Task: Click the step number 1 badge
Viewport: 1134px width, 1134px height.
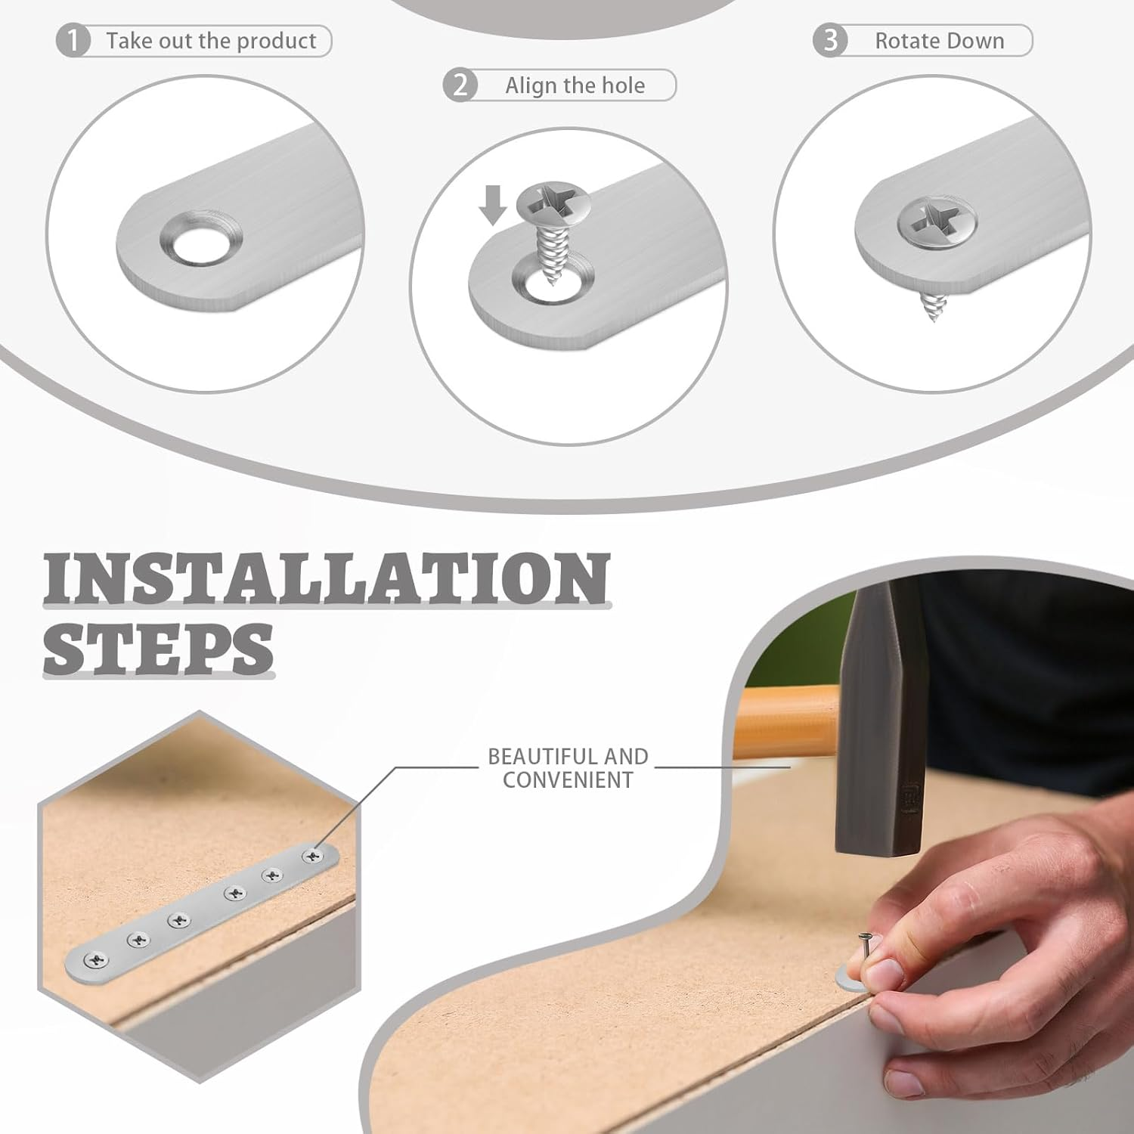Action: pyautogui.click(x=73, y=41)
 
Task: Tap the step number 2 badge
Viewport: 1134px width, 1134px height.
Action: pyautogui.click(x=460, y=85)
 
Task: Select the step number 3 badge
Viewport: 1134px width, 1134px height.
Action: pyautogui.click(x=830, y=40)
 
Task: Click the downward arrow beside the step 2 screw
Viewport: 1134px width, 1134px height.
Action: pyautogui.click(x=493, y=205)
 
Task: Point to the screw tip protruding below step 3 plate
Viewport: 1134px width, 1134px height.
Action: pyautogui.click(x=932, y=305)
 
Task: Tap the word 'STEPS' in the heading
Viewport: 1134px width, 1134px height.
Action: pyautogui.click(x=158, y=649)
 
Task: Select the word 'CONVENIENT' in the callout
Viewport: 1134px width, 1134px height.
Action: pyautogui.click(x=568, y=779)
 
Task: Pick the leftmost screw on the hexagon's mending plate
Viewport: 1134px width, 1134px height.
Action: pyautogui.click(x=94, y=960)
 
